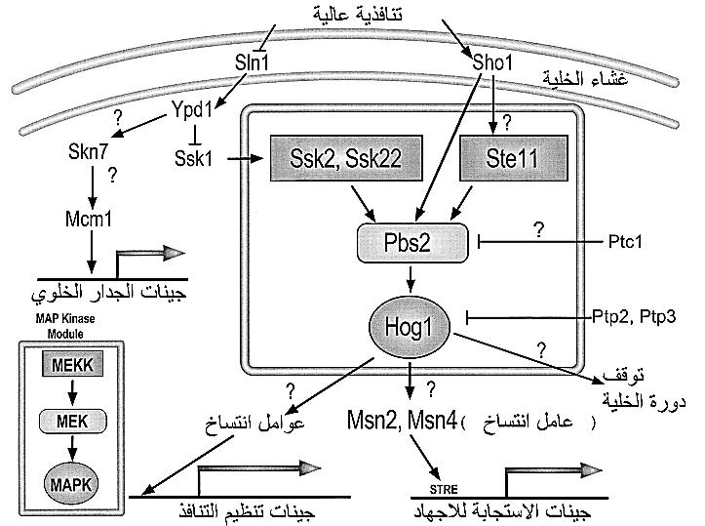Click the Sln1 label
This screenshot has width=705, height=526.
tap(252, 63)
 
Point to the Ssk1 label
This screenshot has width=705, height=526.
tap(193, 156)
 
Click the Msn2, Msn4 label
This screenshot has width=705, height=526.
tap(402, 421)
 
